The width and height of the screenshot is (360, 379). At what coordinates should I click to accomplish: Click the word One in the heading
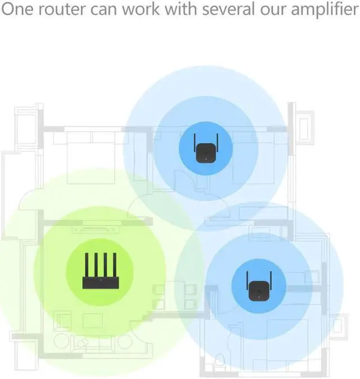(19, 11)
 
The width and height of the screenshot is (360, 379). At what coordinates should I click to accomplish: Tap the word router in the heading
(64, 11)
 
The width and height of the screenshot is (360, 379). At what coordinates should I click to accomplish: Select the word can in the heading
(106, 11)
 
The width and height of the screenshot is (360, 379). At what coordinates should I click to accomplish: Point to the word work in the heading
(143, 11)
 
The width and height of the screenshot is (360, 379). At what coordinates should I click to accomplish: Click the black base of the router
(99, 282)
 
